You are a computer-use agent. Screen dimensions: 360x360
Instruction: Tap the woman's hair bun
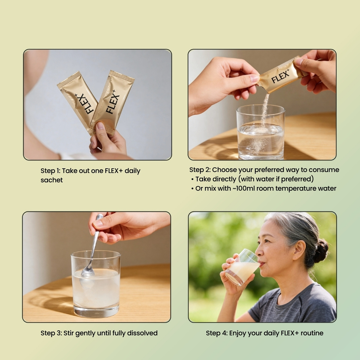[321, 251]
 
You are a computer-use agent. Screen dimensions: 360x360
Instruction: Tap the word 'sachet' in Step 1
[52, 180]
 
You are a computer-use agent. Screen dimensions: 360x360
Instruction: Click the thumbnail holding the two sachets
[97, 105]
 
